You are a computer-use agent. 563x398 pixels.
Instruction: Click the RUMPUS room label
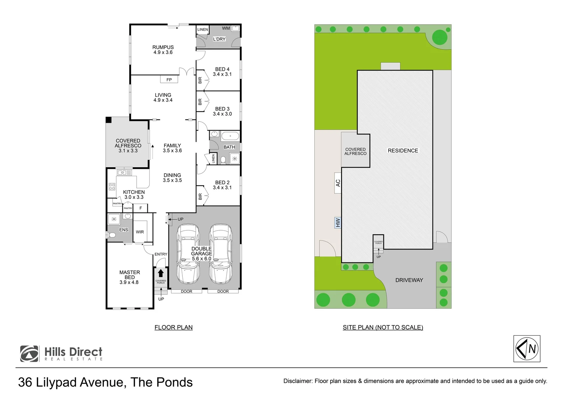point(163,47)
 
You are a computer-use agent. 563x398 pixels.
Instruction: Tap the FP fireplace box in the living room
point(169,80)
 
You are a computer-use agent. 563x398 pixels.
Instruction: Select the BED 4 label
point(222,69)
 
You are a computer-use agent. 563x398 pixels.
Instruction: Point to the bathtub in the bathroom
point(230,136)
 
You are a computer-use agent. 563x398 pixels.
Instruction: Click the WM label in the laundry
point(226,28)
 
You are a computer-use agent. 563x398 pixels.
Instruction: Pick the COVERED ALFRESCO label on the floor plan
point(128,143)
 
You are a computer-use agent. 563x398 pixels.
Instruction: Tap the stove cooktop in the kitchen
point(112,186)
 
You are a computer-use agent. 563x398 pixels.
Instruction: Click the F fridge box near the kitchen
point(140,208)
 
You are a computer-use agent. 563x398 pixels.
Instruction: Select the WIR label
point(140,232)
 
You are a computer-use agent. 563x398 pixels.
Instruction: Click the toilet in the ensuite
point(112,235)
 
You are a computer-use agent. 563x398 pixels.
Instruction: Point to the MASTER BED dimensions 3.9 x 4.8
point(129,282)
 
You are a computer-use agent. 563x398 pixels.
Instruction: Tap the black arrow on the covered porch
point(161,273)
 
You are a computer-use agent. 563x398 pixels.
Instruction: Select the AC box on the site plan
point(338,182)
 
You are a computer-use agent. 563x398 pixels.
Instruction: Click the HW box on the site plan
point(338,223)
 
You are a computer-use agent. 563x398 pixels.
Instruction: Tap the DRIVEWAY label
point(409,280)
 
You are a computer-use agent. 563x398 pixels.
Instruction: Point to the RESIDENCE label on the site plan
point(403,150)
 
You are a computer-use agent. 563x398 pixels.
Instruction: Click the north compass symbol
point(527,349)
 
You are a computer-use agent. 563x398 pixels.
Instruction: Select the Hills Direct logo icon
point(29,354)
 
